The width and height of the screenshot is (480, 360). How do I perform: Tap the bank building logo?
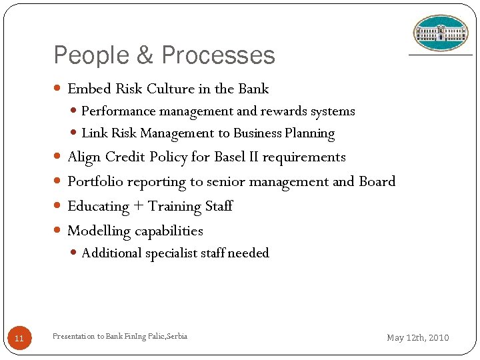[440, 33]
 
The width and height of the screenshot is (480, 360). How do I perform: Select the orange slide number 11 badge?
[19, 339]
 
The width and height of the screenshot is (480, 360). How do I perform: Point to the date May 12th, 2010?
[418, 338]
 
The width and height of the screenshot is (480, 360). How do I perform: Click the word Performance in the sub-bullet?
[118, 111]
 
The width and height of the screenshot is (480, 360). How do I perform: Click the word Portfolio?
[95, 182]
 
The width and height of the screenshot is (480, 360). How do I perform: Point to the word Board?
[377, 181]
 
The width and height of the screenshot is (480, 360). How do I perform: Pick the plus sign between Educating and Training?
[138, 207]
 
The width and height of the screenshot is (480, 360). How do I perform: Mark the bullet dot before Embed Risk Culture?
[57, 89]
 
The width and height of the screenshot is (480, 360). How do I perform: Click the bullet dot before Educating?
[57, 207]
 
